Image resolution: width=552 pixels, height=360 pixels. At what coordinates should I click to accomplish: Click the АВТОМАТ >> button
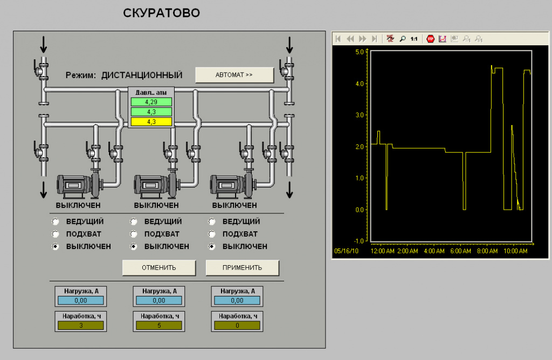tap(234, 75)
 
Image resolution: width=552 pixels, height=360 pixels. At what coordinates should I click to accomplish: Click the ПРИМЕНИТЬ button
tap(242, 268)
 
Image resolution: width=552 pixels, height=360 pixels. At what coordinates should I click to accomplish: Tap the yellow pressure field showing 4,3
tap(151, 122)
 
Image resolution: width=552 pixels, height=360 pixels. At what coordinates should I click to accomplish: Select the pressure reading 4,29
tap(151, 102)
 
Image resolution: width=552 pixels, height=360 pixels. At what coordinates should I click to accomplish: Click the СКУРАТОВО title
tap(162, 13)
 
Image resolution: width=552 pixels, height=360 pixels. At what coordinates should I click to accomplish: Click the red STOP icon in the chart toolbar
tap(430, 39)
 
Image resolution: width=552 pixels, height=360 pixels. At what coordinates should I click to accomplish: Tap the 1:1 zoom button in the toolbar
tap(414, 39)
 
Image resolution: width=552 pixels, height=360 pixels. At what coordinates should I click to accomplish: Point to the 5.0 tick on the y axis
tap(360, 52)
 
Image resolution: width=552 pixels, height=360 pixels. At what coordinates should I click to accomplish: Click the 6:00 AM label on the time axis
tap(460, 251)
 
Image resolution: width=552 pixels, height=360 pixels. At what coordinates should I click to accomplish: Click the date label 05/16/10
tap(346, 251)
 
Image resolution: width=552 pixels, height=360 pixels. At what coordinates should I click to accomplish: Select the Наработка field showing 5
tap(159, 326)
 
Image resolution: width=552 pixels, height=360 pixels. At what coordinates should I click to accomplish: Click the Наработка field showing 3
tap(81, 326)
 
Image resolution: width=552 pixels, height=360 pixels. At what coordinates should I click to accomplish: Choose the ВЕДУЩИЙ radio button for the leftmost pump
tap(56, 221)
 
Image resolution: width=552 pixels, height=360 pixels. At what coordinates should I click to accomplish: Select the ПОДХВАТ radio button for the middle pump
tap(134, 234)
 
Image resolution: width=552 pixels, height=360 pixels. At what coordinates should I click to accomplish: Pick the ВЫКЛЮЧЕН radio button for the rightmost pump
tap(211, 246)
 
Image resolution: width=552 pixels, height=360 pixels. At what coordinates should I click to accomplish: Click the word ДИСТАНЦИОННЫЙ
tap(142, 75)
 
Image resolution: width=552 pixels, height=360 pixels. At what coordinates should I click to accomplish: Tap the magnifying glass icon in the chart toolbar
tap(402, 39)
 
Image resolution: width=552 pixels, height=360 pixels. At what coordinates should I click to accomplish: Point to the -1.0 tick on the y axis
tap(358, 241)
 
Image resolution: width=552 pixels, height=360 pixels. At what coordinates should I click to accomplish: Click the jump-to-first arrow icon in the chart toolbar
tap(338, 39)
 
